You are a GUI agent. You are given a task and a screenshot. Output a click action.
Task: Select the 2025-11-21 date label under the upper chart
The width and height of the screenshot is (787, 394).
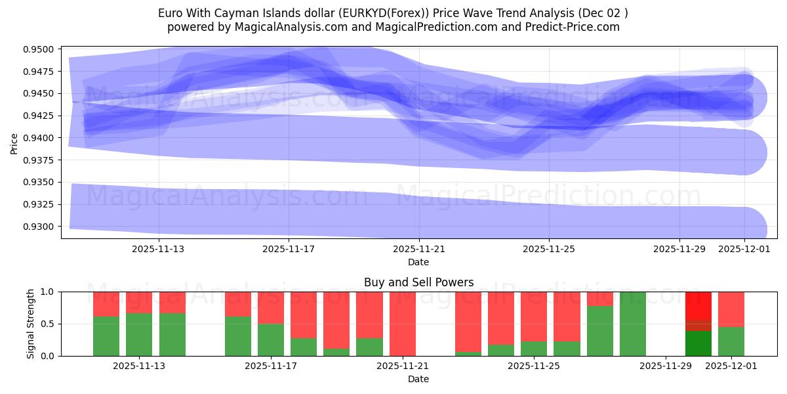click(418, 249)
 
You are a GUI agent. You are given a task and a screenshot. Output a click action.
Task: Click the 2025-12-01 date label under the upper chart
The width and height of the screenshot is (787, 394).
click(744, 249)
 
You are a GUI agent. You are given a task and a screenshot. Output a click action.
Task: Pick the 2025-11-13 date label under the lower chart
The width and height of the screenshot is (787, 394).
click(139, 366)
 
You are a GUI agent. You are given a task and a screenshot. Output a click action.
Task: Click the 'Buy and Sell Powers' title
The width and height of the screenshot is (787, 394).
click(418, 283)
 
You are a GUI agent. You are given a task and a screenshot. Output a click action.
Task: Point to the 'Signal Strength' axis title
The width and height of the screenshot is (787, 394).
click(31, 324)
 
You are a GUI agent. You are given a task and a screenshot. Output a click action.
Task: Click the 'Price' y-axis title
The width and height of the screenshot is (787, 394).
click(14, 142)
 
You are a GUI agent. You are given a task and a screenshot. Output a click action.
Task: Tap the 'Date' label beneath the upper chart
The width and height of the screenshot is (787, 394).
click(418, 262)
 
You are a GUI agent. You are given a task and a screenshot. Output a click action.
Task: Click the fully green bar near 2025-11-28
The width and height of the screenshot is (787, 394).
click(633, 324)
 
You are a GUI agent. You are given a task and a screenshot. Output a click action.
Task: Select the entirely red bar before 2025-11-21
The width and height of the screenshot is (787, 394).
click(402, 324)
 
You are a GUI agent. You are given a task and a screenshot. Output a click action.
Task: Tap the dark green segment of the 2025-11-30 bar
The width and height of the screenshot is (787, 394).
click(698, 343)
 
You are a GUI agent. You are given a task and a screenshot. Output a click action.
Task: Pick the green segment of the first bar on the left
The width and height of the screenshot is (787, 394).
click(106, 336)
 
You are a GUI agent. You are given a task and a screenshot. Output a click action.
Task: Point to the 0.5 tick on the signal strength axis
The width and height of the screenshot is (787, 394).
click(50, 324)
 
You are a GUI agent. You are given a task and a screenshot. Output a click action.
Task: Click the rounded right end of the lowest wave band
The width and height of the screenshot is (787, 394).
click(754, 229)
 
